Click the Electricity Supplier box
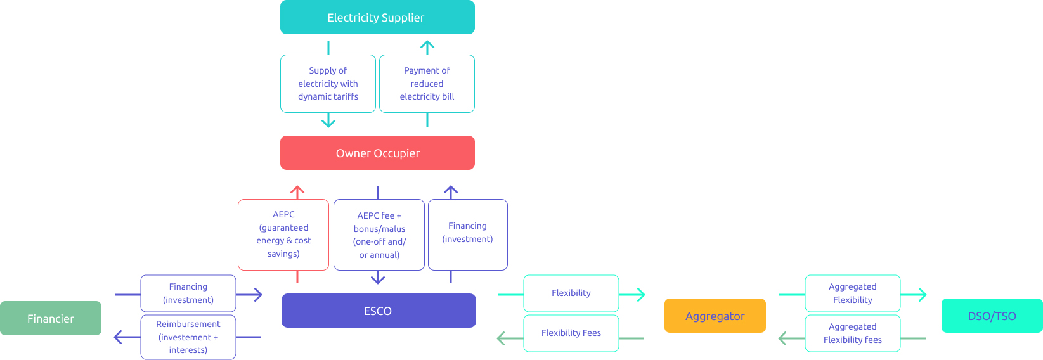[x=377, y=17]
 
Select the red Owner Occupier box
[x=377, y=153]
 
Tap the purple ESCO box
[x=379, y=311]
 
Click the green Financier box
[x=51, y=318]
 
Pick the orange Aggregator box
[x=715, y=316]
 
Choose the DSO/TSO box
[x=992, y=316]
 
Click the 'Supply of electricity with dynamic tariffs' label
[x=328, y=84]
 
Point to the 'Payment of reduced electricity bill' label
[x=427, y=84]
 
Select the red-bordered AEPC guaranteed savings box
[x=283, y=235]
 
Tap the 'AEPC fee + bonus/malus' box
[x=379, y=235]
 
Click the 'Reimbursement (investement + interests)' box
[x=188, y=337]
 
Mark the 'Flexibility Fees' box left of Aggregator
[x=571, y=333]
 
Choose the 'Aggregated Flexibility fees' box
[x=852, y=333]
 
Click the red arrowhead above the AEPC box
[x=297, y=190]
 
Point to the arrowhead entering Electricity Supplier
[x=427, y=45]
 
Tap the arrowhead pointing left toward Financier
[x=118, y=337]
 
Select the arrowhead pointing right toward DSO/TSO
[x=923, y=295]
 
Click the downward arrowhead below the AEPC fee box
[x=378, y=279]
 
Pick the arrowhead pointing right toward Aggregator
[x=641, y=295]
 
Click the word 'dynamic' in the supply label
[x=314, y=96]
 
